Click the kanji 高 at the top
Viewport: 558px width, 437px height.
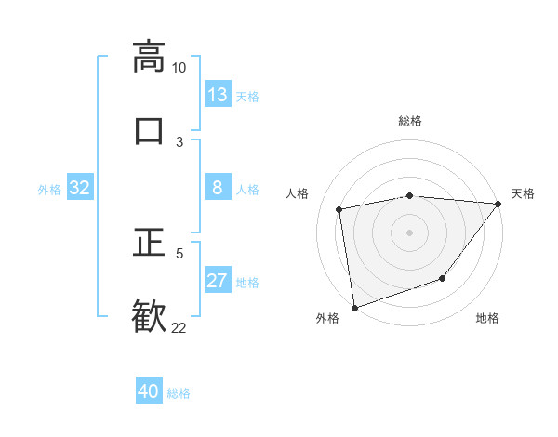[149, 56]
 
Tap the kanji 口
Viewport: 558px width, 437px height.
[149, 129]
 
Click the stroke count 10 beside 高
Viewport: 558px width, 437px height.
[179, 68]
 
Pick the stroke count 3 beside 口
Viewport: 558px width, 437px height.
[179, 141]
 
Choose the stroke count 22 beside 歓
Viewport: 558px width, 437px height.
[179, 327]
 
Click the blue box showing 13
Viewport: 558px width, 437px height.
[218, 95]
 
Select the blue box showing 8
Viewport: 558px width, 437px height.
[218, 188]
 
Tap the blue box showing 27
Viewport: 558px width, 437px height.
[218, 281]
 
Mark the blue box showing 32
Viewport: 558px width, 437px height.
[80, 188]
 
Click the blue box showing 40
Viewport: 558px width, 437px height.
[149, 391]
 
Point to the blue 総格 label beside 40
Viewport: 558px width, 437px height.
[179, 393]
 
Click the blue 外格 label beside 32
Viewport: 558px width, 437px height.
[49, 190]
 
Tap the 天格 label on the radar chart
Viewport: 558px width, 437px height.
[523, 193]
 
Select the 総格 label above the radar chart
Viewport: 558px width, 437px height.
[410, 121]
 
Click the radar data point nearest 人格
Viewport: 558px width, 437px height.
[339, 209]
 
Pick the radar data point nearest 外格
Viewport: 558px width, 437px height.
[354, 307]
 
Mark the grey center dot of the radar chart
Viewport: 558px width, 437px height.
[409, 232]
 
